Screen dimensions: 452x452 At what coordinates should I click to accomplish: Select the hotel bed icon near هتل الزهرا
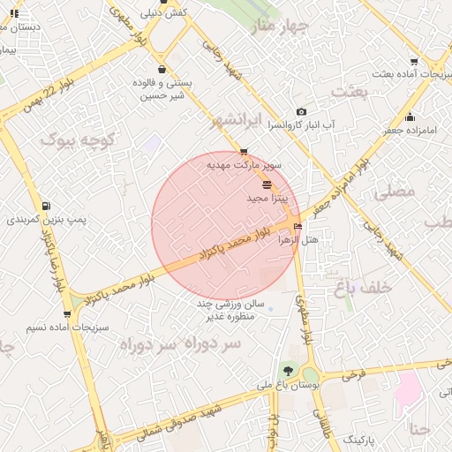pyautogui.click(x=298, y=227)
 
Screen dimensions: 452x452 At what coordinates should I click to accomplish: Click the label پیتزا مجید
pyautogui.click(x=267, y=199)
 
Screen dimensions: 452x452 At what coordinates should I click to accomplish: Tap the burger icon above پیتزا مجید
pyautogui.click(x=267, y=185)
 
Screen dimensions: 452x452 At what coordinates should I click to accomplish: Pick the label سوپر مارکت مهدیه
pyautogui.click(x=244, y=165)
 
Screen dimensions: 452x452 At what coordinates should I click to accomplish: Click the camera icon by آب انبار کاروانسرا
pyautogui.click(x=302, y=112)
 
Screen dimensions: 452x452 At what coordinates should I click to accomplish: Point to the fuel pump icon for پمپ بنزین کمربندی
pyautogui.click(x=45, y=206)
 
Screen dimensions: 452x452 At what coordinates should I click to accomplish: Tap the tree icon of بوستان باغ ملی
pyautogui.click(x=286, y=371)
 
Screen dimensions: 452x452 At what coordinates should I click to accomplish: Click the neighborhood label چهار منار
pyautogui.click(x=280, y=27)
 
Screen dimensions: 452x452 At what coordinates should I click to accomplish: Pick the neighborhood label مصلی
pyautogui.click(x=394, y=191)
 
